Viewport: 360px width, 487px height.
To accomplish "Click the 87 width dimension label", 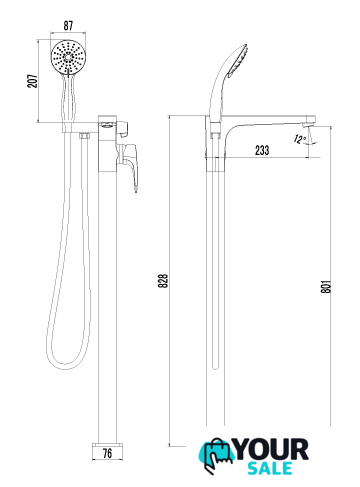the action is [68, 26].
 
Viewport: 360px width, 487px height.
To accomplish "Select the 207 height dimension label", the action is [33, 81].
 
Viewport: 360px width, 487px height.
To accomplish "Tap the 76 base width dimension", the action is [107, 453].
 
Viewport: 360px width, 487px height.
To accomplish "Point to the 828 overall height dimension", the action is [163, 281].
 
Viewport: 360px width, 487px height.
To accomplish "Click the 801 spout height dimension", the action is [326, 286].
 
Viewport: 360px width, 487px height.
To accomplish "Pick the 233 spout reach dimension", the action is [262, 150].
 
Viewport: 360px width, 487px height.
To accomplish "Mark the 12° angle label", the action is [300, 139].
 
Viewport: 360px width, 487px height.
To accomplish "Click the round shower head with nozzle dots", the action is [68, 56].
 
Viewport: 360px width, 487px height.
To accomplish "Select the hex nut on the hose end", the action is [84, 136].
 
